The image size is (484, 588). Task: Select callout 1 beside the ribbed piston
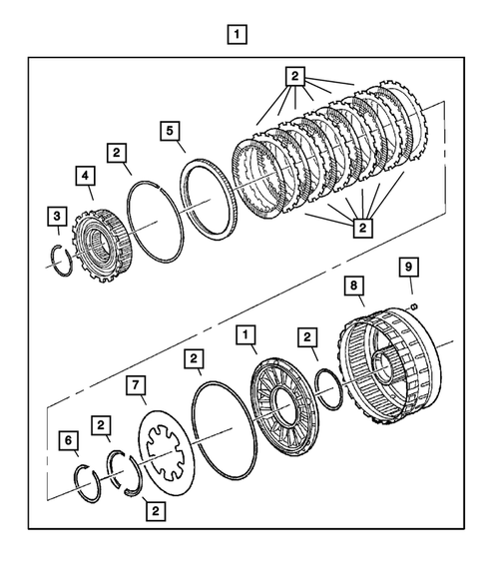click(243, 334)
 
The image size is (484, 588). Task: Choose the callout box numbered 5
click(171, 130)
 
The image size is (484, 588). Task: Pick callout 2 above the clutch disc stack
click(293, 75)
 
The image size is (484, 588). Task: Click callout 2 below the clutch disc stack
click(361, 230)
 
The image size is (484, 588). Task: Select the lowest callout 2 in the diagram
click(155, 510)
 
